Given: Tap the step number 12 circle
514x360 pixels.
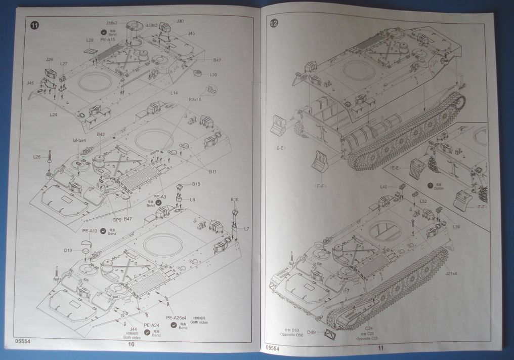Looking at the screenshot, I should click(274, 23).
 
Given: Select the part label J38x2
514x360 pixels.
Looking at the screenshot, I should click(112, 23).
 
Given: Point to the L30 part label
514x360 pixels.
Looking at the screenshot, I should click(213, 74).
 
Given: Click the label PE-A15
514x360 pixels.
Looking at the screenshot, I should click(108, 39).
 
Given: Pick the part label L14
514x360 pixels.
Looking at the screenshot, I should click(174, 93).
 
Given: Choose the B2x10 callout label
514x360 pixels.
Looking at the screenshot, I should click(195, 100).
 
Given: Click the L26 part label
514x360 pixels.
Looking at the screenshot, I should click(37, 156).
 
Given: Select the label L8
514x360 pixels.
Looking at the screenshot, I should click(193, 200).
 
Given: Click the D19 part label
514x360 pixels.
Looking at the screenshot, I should click(68, 250).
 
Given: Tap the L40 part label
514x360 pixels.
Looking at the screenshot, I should click(384, 187).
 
